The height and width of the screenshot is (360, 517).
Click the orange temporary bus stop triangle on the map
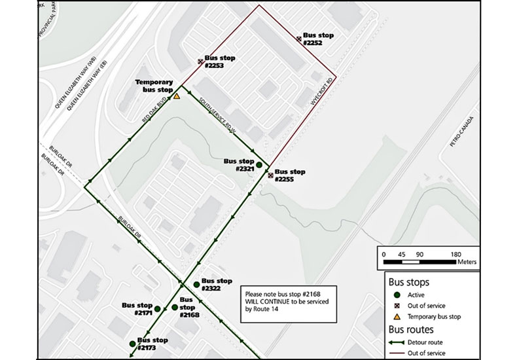click(x=176, y=96)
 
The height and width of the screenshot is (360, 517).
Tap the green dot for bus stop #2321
click(x=259, y=165)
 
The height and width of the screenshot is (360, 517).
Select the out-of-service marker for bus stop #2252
click(x=299, y=39)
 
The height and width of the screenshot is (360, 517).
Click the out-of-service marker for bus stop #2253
click(x=201, y=62)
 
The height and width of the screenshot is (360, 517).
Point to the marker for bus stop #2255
click(x=270, y=175)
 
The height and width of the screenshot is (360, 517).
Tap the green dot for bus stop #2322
click(x=197, y=284)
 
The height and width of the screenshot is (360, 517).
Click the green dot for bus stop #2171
click(x=157, y=309)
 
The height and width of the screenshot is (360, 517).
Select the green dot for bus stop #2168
click(x=175, y=307)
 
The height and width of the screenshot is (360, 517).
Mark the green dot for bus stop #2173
click(x=132, y=344)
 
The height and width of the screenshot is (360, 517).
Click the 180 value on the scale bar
click(x=455, y=254)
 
